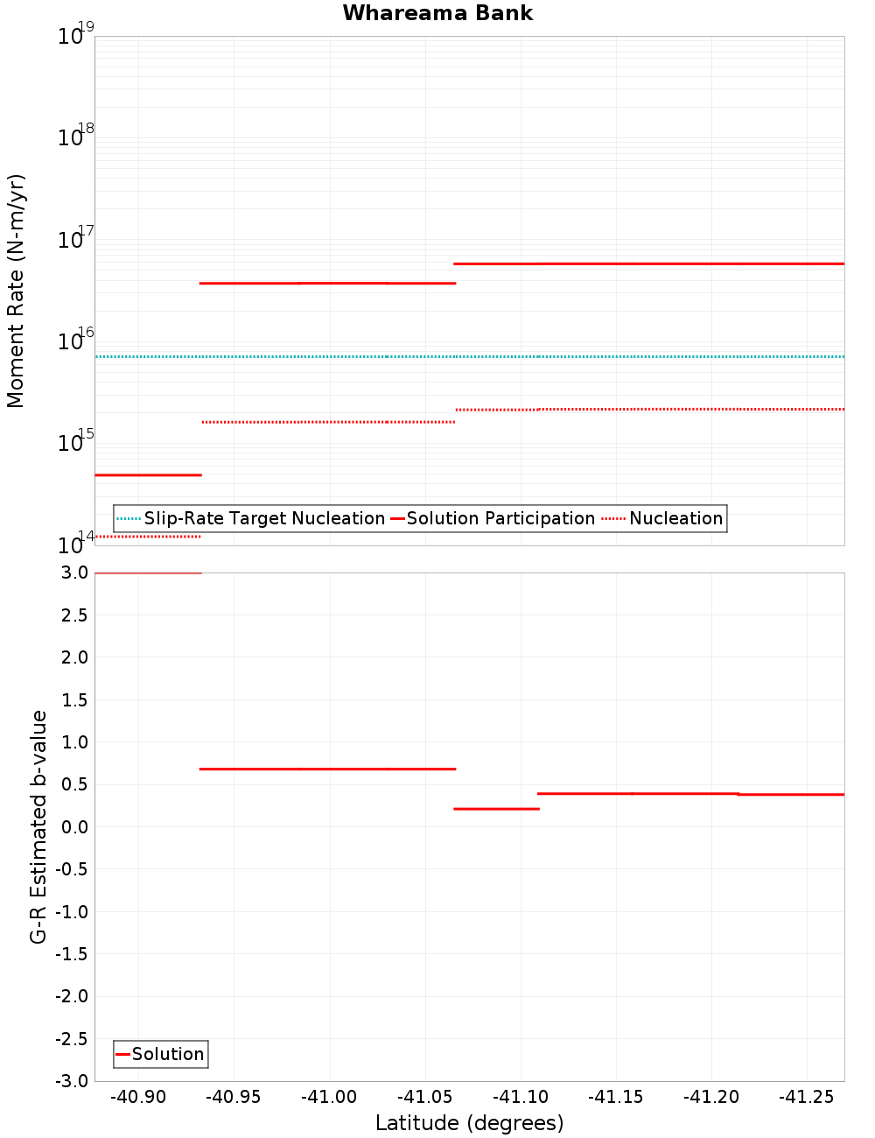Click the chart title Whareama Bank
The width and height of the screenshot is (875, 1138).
click(437, 13)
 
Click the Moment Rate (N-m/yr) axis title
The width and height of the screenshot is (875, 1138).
click(16, 291)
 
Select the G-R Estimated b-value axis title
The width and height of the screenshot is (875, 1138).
click(38, 826)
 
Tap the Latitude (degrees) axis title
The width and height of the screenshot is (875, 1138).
click(469, 1123)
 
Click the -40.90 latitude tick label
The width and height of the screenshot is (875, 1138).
click(138, 1097)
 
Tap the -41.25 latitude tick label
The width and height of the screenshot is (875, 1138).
click(806, 1097)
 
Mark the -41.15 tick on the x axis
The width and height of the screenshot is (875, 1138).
click(615, 1097)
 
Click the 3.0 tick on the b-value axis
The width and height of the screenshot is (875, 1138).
click(74, 573)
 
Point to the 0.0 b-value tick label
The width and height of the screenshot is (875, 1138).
click(74, 826)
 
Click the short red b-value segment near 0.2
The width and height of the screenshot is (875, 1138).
click(496, 809)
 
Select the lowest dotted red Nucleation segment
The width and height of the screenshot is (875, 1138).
click(148, 537)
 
